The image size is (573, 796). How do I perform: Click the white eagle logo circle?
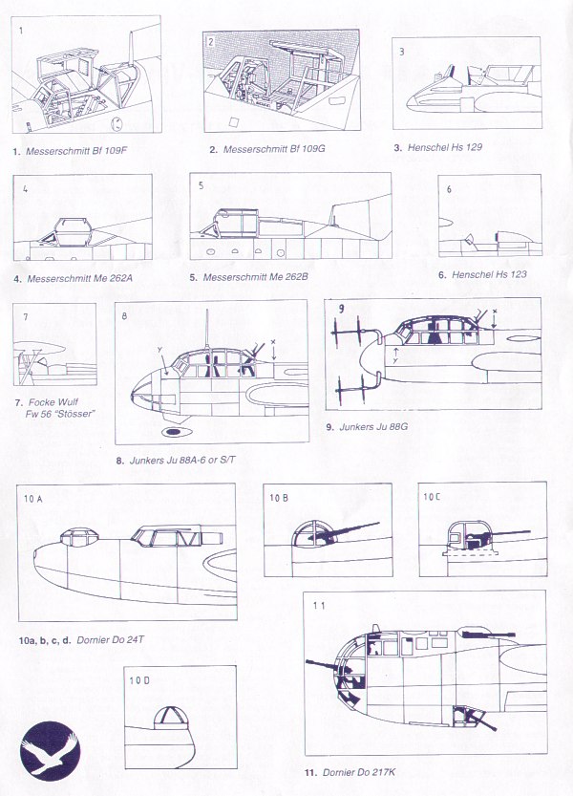click(x=51, y=748)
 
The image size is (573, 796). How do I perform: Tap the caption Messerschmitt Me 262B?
click(x=255, y=277)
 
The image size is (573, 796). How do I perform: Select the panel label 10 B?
click(x=279, y=498)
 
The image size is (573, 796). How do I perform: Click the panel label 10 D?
click(x=139, y=680)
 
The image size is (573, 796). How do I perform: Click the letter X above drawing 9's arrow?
click(x=495, y=311)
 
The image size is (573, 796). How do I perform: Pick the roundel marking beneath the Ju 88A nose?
click(x=175, y=432)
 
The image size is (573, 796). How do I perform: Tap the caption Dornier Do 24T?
click(x=110, y=640)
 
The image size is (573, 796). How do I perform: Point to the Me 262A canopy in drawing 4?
click(x=74, y=230)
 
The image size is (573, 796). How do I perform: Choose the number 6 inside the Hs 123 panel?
click(x=449, y=189)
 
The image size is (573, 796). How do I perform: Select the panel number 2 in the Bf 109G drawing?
click(x=211, y=42)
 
